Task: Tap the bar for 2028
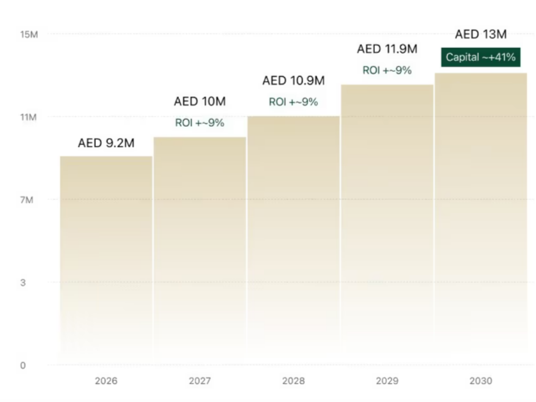point(294,240)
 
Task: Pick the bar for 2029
point(387,225)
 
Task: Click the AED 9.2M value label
point(106,143)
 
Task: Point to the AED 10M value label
point(200,102)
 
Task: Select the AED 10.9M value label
point(294,81)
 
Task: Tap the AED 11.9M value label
point(387,49)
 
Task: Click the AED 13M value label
point(480,35)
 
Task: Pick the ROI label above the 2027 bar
point(200,123)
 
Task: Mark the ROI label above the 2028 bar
point(294,102)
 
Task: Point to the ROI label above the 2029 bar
point(387,70)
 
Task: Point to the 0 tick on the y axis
point(22,366)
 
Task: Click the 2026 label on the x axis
point(106,381)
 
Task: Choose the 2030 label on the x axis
point(480,381)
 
